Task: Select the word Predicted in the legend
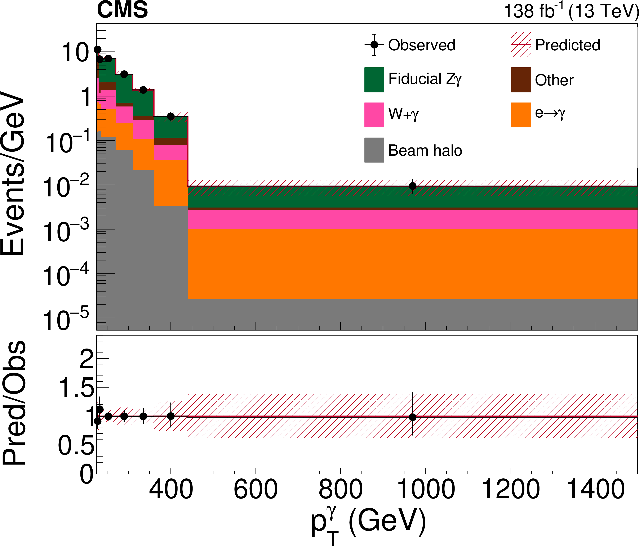[x=567, y=45]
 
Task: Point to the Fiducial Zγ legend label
[x=425, y=79]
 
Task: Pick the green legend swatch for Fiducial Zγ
[x=374, y=80]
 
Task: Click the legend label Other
[x=554, y=80]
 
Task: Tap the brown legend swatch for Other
[x=521, y=80]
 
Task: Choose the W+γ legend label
[x=403, y=114]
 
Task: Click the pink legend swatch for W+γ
[x=374, y=115]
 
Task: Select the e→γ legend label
[x=550, y=113]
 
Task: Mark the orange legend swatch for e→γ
[x=521, y=115]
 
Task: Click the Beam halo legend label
[x=425, y=151]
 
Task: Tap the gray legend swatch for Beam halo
[x=374, y=150]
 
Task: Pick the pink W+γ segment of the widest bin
[x=413, y=219]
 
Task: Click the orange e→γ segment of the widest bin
[x=413, y=264]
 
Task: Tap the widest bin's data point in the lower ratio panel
[x=413, y=416]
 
